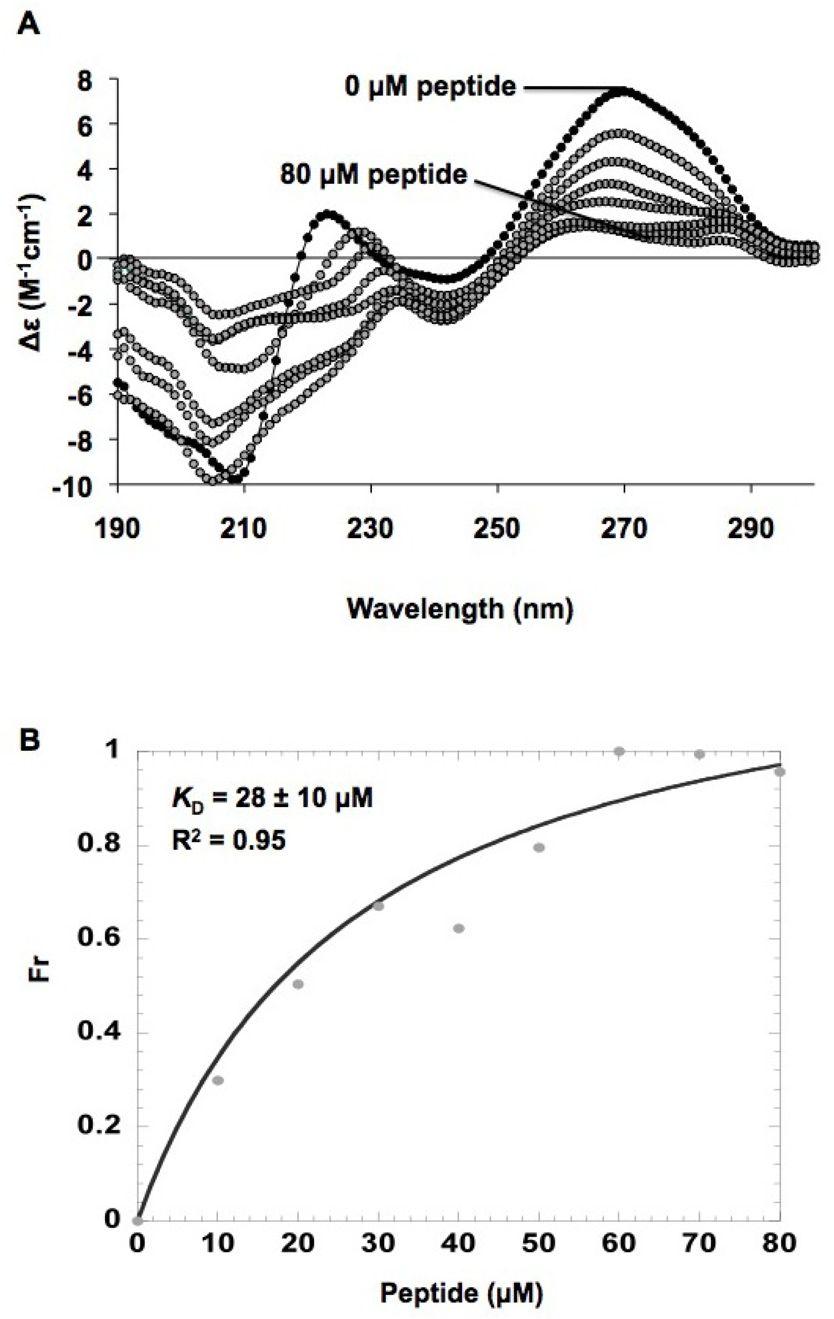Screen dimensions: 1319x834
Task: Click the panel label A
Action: click(x=28, y=25)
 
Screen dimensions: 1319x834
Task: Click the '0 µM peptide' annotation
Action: click(x=430, y=87)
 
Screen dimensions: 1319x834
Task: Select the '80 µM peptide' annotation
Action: click(x=374, y=175)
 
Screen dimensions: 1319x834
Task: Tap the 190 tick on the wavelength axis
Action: click(x=118, y=528)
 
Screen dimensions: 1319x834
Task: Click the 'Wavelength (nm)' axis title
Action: click(x=460, y=608)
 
